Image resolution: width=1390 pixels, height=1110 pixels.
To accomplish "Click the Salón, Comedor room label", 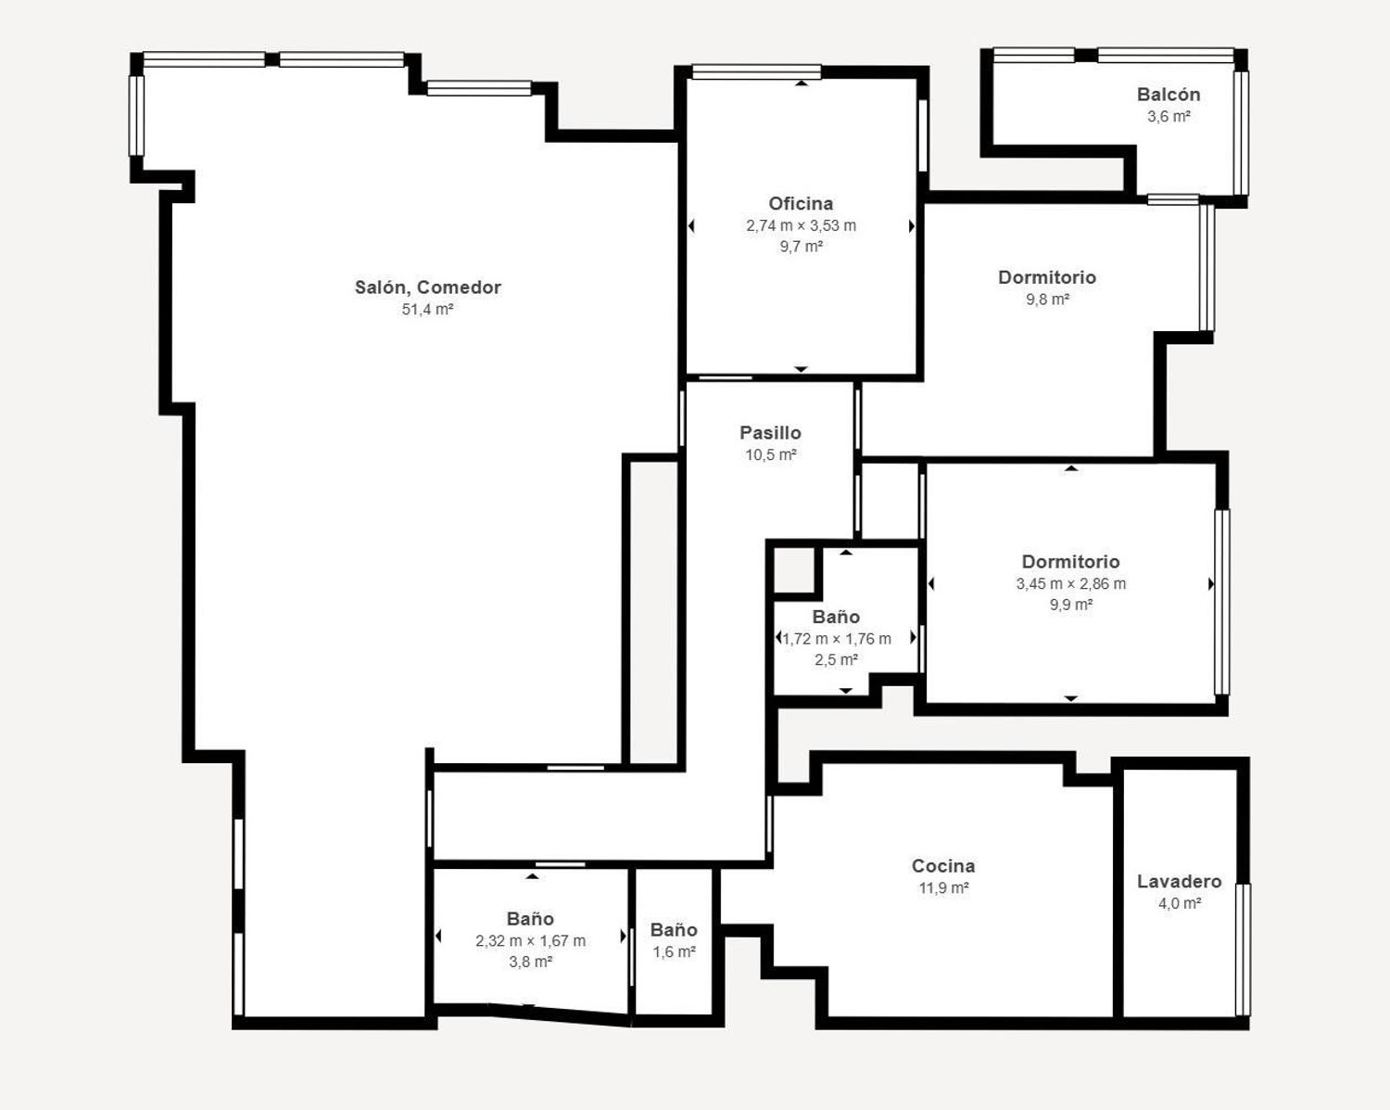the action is (x=427, y=287).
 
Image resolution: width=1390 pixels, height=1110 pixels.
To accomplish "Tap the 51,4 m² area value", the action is (x=427, y=310).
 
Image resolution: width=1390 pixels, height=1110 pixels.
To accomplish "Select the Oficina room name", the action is (x=801, y=204).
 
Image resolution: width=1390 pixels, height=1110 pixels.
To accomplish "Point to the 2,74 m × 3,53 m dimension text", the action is (x=801, y=225).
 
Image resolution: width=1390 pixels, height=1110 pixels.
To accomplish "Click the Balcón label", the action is (x=1169, y=95).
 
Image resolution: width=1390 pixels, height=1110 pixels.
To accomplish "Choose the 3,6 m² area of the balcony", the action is (x=1169, y=116).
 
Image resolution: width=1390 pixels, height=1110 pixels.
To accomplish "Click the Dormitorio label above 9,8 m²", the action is (x=1047, y=277).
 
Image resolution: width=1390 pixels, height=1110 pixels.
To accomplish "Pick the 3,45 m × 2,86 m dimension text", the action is (x=1071, y=584).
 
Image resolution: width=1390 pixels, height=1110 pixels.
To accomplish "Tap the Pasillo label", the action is (x=771, y=432).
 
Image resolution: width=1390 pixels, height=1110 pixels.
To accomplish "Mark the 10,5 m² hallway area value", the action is (x=771, y=454).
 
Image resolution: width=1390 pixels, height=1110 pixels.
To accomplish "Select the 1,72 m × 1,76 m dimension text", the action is (x=837, y=639).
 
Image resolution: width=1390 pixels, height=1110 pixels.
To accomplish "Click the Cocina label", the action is (x=943, y=865).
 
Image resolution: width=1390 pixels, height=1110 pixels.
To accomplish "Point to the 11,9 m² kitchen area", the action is (x=943, y=887).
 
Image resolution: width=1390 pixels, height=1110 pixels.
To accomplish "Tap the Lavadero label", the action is (x=1180, y=881).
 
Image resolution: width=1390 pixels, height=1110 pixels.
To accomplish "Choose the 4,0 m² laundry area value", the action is (x=1180, y=903).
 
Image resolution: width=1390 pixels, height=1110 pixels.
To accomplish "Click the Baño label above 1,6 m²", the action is (x=674, y=929).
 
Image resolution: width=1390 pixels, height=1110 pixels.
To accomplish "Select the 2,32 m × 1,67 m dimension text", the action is (x=530, y=940).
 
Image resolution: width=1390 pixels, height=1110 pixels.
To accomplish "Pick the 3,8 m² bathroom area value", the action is (x=530, y=962).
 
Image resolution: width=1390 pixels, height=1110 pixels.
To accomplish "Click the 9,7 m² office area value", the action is (x=801, y=247).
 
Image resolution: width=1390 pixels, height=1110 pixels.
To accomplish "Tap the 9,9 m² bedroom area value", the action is (x=1071, y=605).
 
